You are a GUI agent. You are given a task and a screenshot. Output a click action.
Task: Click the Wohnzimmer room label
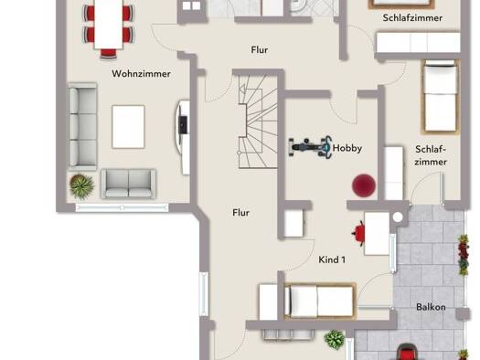point(141,74)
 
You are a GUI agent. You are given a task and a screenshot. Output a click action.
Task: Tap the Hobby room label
point(347,148)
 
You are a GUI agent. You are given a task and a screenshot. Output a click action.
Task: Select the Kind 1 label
point(332,260)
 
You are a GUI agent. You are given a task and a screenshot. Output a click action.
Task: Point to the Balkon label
point(431,307)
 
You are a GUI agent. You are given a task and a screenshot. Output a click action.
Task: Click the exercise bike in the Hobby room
point(311,147)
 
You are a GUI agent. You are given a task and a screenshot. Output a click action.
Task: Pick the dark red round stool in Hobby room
point(364,185)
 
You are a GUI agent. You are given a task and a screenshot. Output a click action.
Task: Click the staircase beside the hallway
point(258,122)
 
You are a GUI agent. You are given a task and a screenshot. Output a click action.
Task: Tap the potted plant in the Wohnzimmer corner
point(81,186)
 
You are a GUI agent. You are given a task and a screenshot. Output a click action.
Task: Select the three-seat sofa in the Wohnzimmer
point(82,126)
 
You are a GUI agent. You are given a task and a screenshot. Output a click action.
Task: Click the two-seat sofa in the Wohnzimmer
point(129,184)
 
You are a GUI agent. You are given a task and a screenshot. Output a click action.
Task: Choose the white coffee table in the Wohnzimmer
point(128,127)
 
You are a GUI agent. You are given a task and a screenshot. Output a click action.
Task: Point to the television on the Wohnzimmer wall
point(183,125)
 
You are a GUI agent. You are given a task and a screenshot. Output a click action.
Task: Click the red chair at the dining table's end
point(109,54)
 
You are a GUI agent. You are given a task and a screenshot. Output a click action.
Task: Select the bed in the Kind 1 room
point(320,302)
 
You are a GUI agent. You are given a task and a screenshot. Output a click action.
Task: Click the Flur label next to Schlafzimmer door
point(260,50)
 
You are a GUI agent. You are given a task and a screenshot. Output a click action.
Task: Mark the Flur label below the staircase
point(241,213)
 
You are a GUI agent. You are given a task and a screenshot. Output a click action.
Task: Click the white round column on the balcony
point(398,217)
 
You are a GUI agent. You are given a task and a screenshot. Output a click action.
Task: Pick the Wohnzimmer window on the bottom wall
point(122,208)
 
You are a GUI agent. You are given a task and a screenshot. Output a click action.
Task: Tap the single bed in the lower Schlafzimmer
point(440,97)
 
